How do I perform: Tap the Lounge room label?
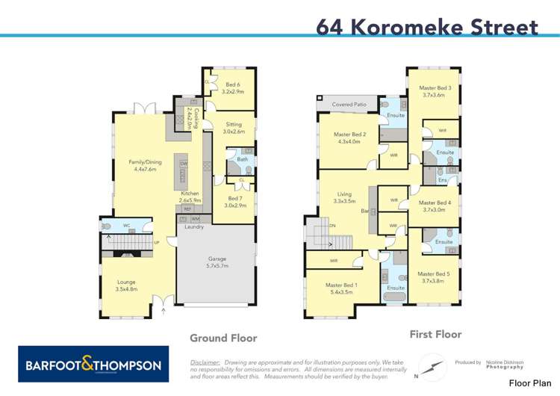(x=127, y=285)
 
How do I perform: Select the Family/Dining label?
(x=145, y=165)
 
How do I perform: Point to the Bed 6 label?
(x=233, y=87)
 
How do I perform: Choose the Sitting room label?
(x=234, y=128)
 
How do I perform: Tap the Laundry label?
(x=195, y=226)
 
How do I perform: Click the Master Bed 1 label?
(x=342, y=288)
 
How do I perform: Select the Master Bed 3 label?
(x=432, y=91)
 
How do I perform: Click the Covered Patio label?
(x=349, y=105)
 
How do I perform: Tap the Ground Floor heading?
(x=223, y=338)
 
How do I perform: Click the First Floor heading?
(x=435, y=334)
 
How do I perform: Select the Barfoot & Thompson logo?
(x=93, y=365)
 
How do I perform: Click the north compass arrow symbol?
(x=430, y=368)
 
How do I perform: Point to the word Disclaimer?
(x=205, y=362)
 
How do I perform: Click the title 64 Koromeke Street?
(x=427, y=27)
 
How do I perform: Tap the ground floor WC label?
(x=127, y=224)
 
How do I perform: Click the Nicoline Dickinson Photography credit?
(x=505, y=365)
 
